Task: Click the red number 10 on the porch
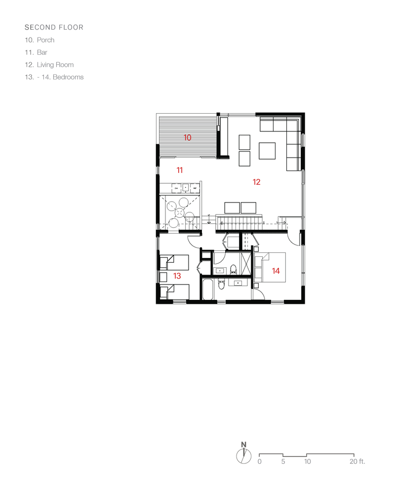tap(188, 138)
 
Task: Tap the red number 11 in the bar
tap(180, 170)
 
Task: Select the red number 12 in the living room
tap(256, 182)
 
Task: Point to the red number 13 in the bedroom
tap(177, 276)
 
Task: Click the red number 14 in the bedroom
tap(276, 271)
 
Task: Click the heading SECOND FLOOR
tap(54, 28)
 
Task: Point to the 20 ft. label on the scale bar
tap(356, 462)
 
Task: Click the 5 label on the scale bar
tap(283, 462)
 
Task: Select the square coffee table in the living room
tap(268, 151)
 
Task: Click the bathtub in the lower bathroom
tap(208, 290)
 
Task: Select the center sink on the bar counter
tap(185, 188)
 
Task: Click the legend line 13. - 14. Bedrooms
tap(54, 77)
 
